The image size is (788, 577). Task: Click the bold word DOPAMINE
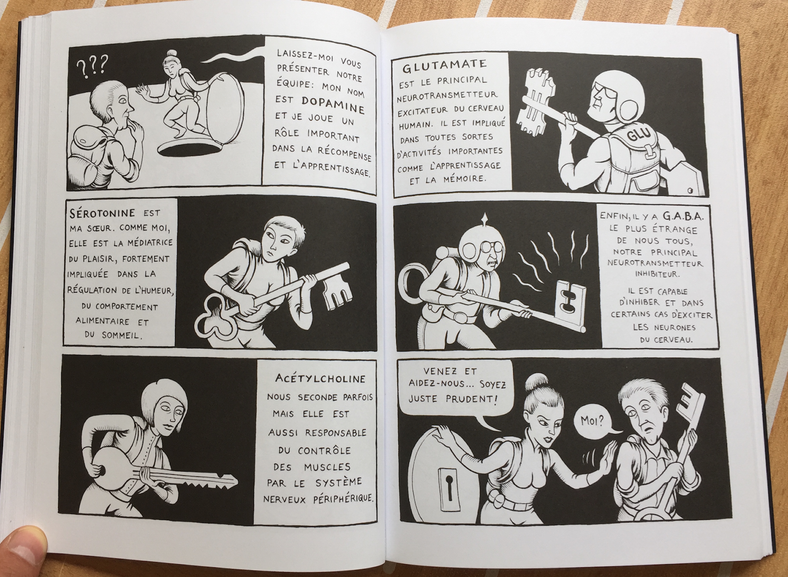[333, 105]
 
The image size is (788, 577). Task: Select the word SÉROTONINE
[102, 213]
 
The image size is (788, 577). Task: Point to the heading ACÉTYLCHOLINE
[320, 378]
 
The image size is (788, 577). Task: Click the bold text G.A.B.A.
[683, 216]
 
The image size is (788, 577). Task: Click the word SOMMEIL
[119, 335]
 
